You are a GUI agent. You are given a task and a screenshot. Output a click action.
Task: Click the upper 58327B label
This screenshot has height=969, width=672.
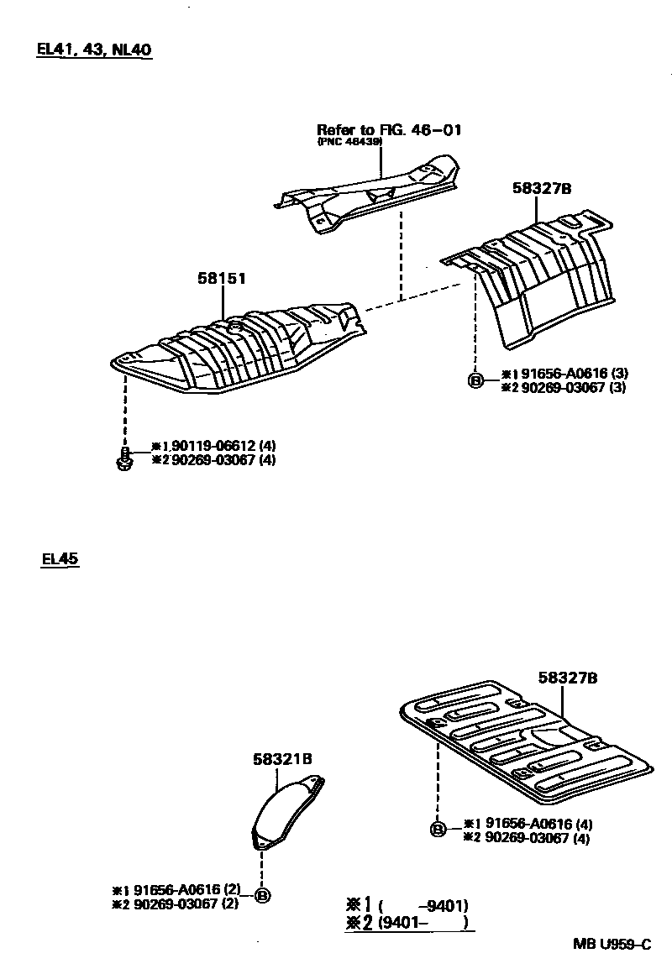[542, 190]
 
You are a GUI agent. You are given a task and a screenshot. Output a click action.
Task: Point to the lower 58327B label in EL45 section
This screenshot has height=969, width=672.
[568, 677]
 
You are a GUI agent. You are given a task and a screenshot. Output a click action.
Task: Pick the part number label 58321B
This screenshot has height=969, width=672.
[282, 758]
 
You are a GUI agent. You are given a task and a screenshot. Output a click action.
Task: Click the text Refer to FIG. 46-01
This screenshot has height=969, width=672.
[389, 130]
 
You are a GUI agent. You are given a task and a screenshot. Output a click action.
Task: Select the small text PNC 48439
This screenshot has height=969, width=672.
[349, 142]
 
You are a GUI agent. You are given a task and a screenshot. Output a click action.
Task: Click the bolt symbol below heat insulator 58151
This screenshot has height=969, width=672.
[125, 458]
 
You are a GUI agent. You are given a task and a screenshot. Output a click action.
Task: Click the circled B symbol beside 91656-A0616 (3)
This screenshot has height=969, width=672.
[475, 381]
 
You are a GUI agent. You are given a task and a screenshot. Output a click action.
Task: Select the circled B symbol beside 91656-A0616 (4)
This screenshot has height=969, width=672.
[438, 830]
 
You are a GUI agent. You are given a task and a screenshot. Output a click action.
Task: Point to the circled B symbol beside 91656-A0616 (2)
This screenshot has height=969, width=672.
[262, 897]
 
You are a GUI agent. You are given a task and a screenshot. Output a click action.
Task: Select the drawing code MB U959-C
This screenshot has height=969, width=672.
[612, 944]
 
